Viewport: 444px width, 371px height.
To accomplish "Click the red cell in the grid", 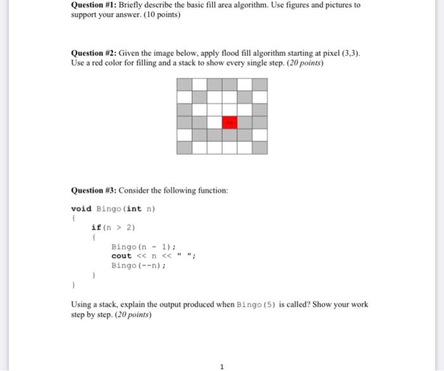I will click(x=229, y=122).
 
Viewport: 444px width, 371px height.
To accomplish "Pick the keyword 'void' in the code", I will click(x=81, y=209).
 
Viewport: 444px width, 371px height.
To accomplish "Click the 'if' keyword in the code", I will click(x=95, y=227).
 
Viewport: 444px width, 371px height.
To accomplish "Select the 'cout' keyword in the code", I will click(x=121, y=256).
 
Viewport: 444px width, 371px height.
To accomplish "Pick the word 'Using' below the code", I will click(x=81, y=304).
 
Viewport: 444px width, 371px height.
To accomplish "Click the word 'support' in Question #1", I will click(x=84, y=15).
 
